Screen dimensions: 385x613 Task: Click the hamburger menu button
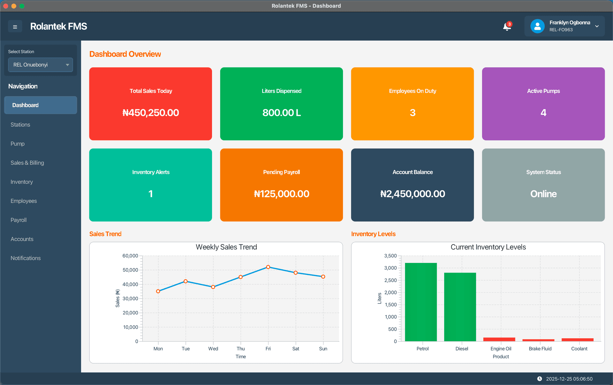pos(15,27)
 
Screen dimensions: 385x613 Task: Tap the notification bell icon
pos(507,27)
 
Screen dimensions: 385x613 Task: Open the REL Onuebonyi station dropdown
pos(41,65)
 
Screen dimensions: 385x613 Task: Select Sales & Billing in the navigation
pos(27,163)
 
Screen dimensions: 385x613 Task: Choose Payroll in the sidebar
pos(19,220)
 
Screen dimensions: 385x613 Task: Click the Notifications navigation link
pos(26,258)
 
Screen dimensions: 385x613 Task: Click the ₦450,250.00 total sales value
pos(151,112)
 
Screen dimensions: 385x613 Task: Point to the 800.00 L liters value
pos(282,112)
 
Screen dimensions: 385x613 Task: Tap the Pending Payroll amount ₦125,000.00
pos(282,194)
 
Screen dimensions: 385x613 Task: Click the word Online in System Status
pos(543,194)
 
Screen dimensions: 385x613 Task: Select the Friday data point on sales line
pos(268,267)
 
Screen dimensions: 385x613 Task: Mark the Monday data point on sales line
pos(158,291)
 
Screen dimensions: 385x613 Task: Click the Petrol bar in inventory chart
pos(421,302)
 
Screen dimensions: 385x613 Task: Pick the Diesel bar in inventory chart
pos(460,307)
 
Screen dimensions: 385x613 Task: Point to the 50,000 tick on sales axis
pos(130,270)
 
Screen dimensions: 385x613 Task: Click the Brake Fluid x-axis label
pos(540,349)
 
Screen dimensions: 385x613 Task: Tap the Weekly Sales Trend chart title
pos(226,247)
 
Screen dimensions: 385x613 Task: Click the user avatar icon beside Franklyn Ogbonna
pos(537,26)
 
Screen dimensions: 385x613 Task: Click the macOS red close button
pos(6,6)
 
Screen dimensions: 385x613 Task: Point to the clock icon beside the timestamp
pos(540,379)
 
